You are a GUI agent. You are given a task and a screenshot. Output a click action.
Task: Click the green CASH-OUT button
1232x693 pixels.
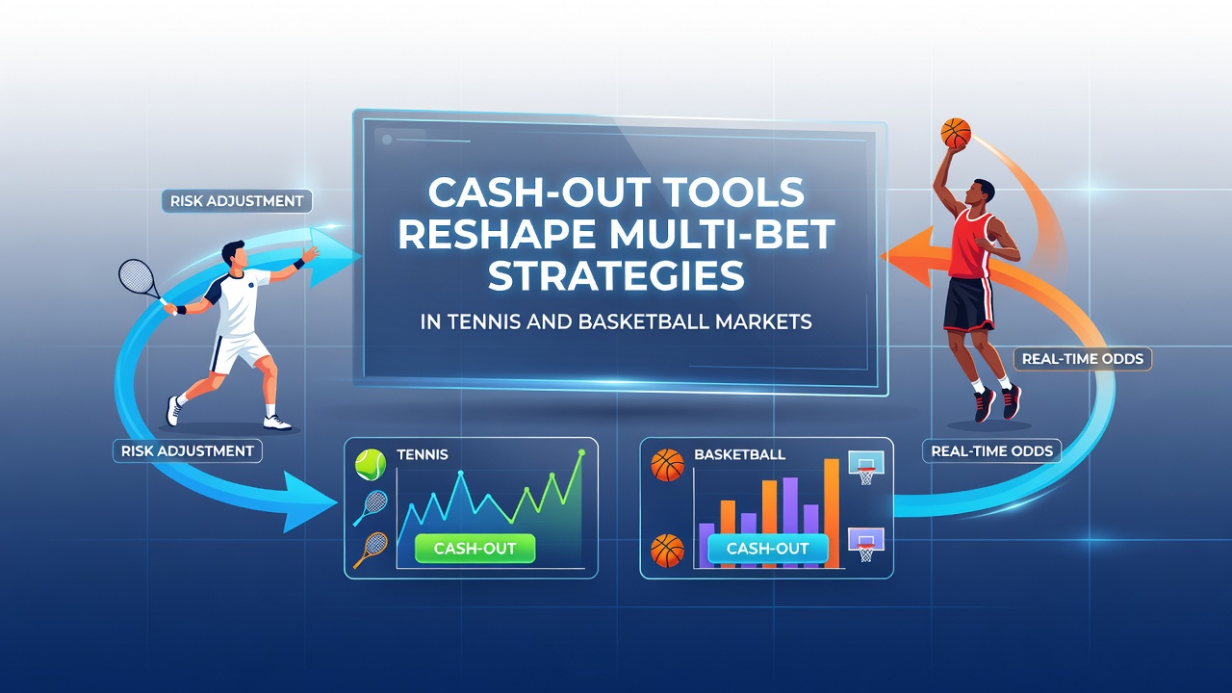pyautogui.click(x=475, y=548)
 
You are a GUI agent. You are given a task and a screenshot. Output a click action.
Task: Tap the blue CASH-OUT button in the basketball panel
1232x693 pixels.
pyautogui.click(x=767, y=549)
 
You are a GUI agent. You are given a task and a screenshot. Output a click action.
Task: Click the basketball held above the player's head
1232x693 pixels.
pyautogui.click(x=956, y=133)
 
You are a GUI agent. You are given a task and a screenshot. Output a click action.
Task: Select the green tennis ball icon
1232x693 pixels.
pyautogui.click(x=371, y=465)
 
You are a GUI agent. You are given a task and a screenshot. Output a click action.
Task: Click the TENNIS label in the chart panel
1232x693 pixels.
pyautogui.click(x=423, y=455)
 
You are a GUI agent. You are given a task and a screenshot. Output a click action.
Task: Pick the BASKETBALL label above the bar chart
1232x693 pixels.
pyautogui.click(x=740, y=455)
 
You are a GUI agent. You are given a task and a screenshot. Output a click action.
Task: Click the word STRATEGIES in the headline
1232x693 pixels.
pyautogui.click(x=616, y=275)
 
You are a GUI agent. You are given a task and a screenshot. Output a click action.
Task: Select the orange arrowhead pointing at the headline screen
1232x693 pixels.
pyautogui.click(x=908, y=257)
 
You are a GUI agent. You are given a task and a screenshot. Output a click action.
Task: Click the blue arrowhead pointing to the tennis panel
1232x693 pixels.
pyautogui.click(x=309, y=501)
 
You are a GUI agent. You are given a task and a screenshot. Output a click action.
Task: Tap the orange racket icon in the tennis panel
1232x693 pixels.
pyautogui.click(x=371, y=550)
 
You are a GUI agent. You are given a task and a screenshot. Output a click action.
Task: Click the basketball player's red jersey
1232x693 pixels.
pyautogui.click(x=972, y=244)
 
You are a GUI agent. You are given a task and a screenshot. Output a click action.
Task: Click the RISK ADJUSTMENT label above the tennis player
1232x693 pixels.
pyautogui.click(x=237, y=201)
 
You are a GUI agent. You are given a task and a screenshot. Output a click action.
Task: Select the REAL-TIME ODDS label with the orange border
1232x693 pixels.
pyautogui.click(x=1083, y=359)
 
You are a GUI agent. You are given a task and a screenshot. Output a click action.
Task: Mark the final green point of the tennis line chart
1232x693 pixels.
pyautogui.click(x=582, y=452)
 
